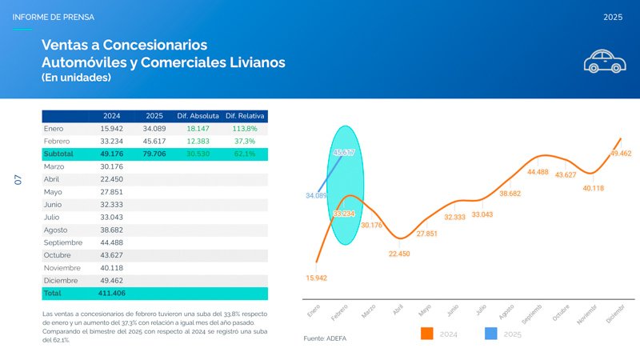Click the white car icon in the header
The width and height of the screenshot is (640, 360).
(603, 61)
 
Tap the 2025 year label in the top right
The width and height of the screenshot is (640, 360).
(613, 17)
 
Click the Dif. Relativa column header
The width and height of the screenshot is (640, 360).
(246, 116)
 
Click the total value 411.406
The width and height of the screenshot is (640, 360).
(112, 294)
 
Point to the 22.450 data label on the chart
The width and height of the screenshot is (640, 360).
(399, 254)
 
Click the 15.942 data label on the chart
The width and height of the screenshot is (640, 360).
(316, 278)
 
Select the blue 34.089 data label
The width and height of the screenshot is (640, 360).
(316, 195)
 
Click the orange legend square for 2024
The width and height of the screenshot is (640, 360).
(426, 334)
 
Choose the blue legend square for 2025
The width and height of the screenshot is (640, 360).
(492, 334)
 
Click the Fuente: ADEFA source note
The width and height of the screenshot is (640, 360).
(325, 339)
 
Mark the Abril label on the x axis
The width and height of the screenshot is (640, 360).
(398, 310)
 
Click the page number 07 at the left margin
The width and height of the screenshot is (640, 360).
(18, 181)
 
